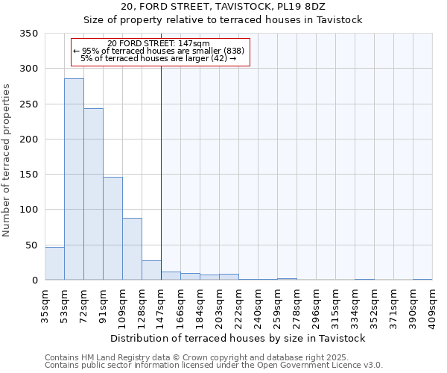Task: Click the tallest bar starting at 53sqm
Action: pos(74,179)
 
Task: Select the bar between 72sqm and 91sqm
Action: pos(93,194)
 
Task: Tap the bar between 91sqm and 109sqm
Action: pos(112,228)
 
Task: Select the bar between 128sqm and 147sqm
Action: pos(151,270)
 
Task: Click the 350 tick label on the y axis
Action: pos(28,34)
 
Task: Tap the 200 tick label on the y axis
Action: pos(28,140)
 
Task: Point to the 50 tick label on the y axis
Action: pos(31,245)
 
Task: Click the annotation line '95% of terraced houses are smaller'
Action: pos(158,51)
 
